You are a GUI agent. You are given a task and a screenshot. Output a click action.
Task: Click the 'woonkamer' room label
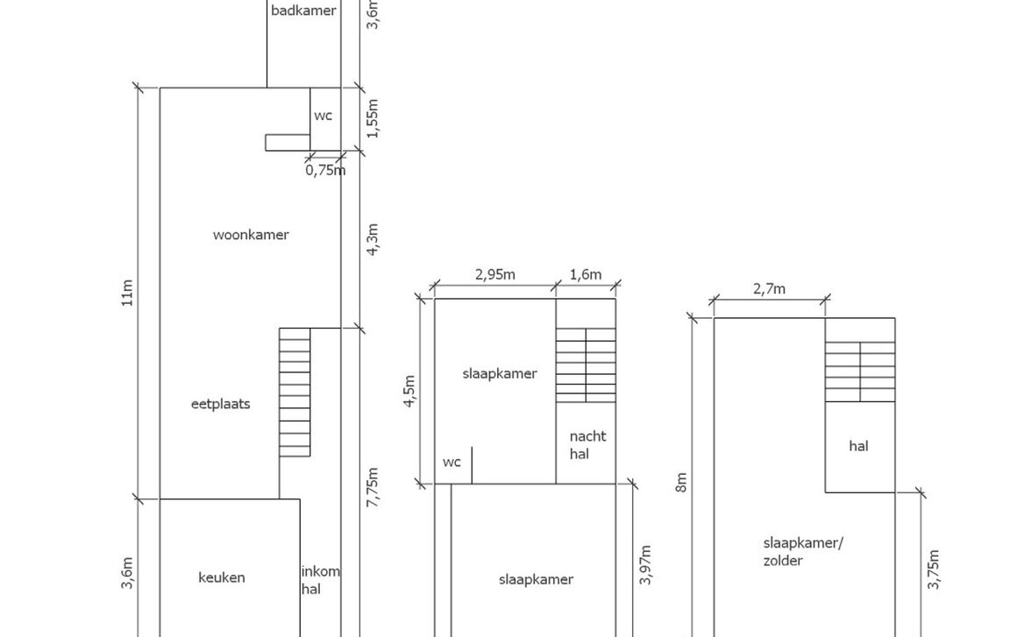pos(251,235)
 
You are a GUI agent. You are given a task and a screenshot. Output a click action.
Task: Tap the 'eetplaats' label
pos(220,404)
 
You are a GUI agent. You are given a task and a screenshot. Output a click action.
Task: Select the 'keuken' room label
pos(222,577)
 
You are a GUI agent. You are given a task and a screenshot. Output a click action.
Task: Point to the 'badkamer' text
pos(303,11)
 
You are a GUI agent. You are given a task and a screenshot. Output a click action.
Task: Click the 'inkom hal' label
pos(320,580)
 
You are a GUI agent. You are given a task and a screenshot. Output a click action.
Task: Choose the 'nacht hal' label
pos(587,445)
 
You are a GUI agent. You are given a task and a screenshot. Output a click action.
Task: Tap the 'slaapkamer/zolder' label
pos(802,551)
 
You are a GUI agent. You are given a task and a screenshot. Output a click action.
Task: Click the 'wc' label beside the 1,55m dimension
pos(324,116)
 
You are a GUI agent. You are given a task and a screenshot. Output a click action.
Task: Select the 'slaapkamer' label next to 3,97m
pos(536,579)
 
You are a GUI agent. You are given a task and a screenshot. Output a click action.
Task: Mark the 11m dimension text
pos(128,293)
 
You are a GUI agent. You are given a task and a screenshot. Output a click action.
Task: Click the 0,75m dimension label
pos(325,171)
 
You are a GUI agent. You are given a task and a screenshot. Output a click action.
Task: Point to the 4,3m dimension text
pos(373,239)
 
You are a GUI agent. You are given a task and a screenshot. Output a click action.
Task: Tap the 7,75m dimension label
pos(373,485)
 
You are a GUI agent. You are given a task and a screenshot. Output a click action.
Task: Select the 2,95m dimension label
pos(495,274)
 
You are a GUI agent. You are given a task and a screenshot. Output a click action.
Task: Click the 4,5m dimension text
pos(409,390)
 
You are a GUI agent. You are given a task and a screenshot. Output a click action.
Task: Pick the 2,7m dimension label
pos(769,289)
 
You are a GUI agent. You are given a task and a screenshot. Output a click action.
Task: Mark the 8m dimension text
pos(681,482)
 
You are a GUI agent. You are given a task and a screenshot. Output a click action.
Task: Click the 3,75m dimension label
pos(935,570)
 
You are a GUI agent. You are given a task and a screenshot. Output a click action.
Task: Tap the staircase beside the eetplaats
pos(295,393)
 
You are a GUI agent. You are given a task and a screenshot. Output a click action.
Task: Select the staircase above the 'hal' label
pos(859,372)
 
